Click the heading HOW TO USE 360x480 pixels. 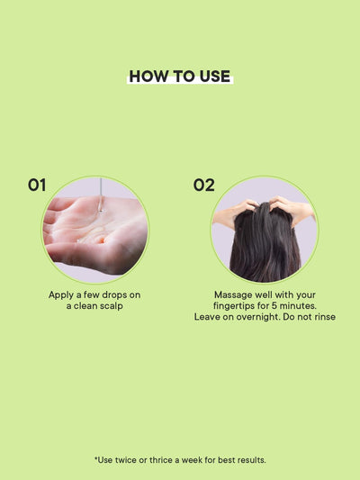(x=180, y=77)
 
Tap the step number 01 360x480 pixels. (x=37, y=186)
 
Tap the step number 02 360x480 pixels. (x=204, y=186)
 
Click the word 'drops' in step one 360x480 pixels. (x=111, y=294)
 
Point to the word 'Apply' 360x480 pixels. (x=62, y=294)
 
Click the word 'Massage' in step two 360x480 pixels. (x=233, y=294)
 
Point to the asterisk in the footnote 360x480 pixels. (x=96, y=459)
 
